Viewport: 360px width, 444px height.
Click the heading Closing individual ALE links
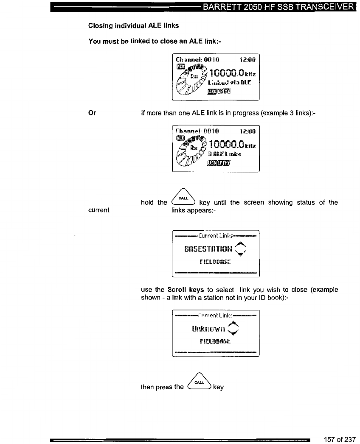click(133, 25)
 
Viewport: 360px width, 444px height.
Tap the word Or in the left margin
click(92, 113)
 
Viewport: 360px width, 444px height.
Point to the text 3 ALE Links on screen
click(224, 154)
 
